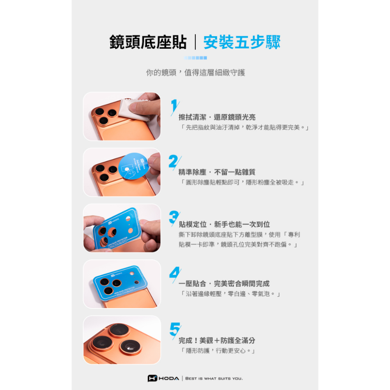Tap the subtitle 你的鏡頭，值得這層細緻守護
click(x=195, y=73)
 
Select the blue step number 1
click(x=174, y=107)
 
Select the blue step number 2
click(x=174, y=161)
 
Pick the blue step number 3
click(x=174, y=217)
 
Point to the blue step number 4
click(x=174, y=273)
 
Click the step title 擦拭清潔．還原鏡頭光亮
click(x=217, y=117)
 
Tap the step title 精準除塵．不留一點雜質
click(x=217, y=172)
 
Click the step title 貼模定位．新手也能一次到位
click(x=224, y=224)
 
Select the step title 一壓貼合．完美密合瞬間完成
click(x=224, y=284)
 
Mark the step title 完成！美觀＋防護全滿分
click(x=217, y=340)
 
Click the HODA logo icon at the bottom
click(x=152, y=378)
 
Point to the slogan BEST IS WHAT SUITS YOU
click(x=214, y=378)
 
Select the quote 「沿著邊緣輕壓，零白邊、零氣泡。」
click(x=230, y=294)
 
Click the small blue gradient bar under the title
click(x=195, y=58)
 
